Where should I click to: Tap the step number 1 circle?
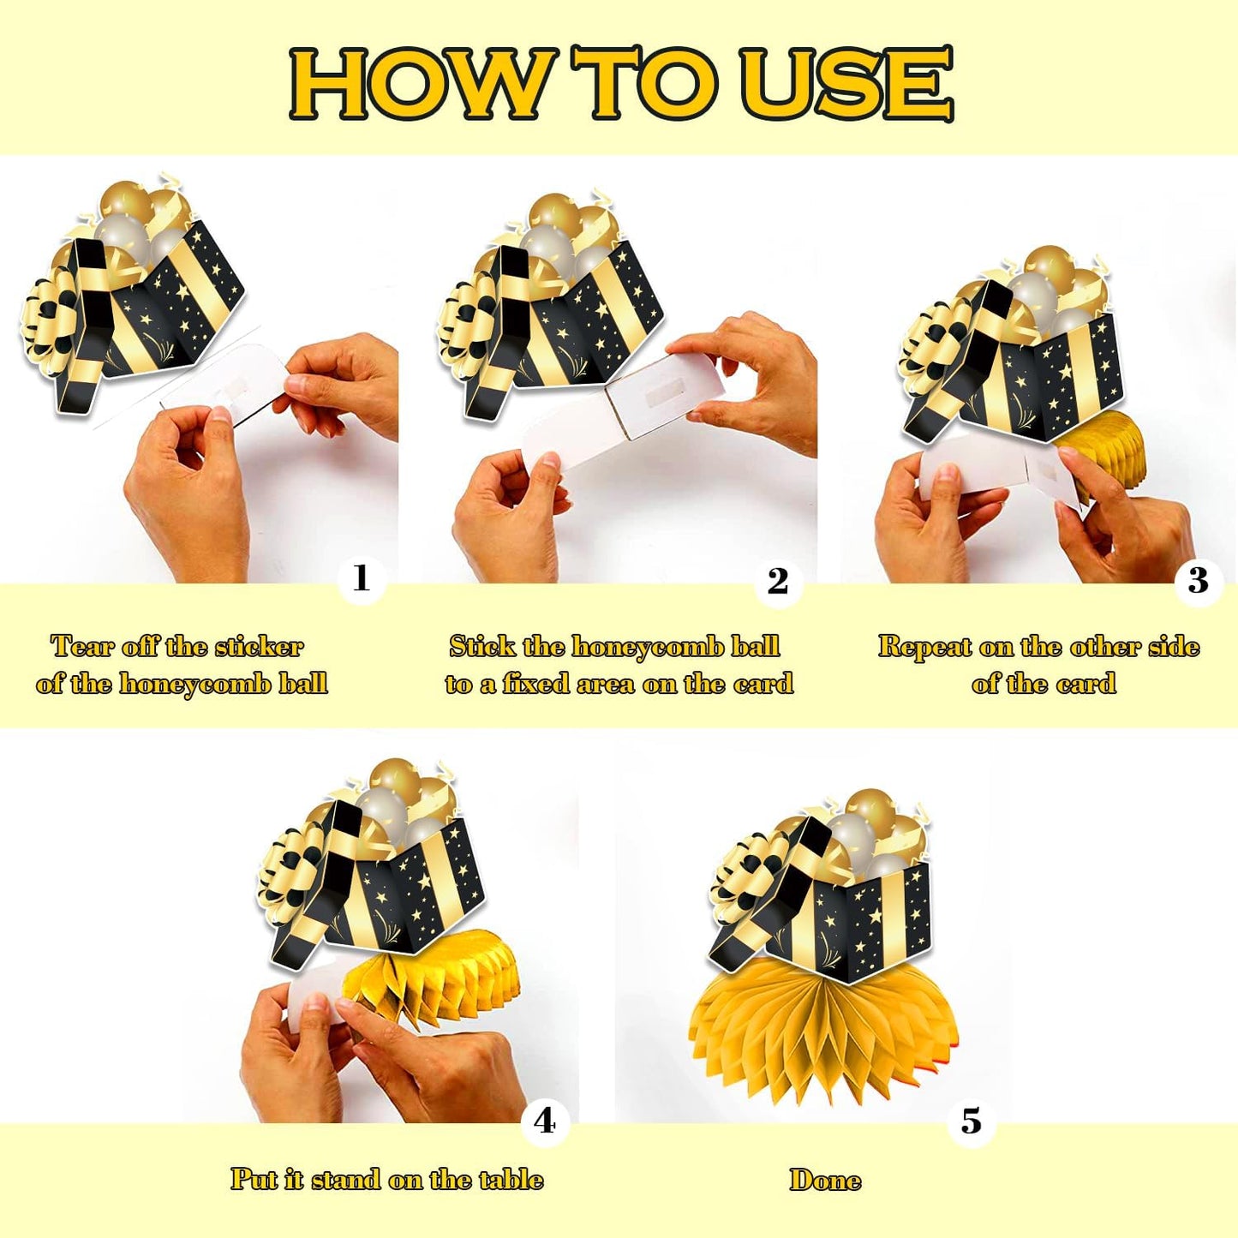[x=362, y=580]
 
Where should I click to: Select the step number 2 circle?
[x=777, y=582]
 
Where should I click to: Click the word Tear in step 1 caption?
[x=82, y=646]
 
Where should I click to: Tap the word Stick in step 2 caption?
[x=482, y=646]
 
